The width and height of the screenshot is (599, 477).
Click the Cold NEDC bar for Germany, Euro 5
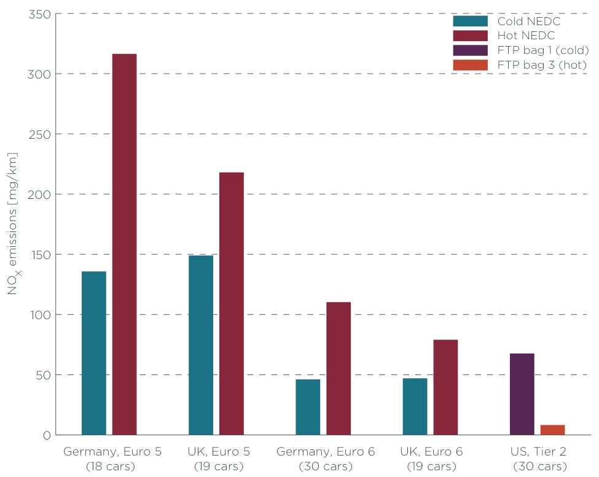[93, 353]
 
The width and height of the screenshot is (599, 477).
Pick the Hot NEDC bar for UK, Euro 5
[231, 303]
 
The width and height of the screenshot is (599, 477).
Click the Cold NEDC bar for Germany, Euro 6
[308, 407]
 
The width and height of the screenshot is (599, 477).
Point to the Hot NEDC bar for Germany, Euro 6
[339, 368]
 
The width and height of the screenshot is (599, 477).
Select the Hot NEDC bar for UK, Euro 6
[445, 387]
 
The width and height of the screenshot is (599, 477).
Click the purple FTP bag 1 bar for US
[522, 394]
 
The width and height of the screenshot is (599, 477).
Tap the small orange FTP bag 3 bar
[552, 430]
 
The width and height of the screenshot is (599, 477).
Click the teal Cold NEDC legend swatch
[470, 21]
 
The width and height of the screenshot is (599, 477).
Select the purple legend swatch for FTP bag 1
[470, 50]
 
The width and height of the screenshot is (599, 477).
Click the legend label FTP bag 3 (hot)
[542, 65]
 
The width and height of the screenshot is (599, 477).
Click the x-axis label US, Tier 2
[538, 452]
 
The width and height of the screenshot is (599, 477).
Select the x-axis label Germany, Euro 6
[326, 452]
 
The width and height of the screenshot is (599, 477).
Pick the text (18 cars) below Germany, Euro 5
[112, 466]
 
